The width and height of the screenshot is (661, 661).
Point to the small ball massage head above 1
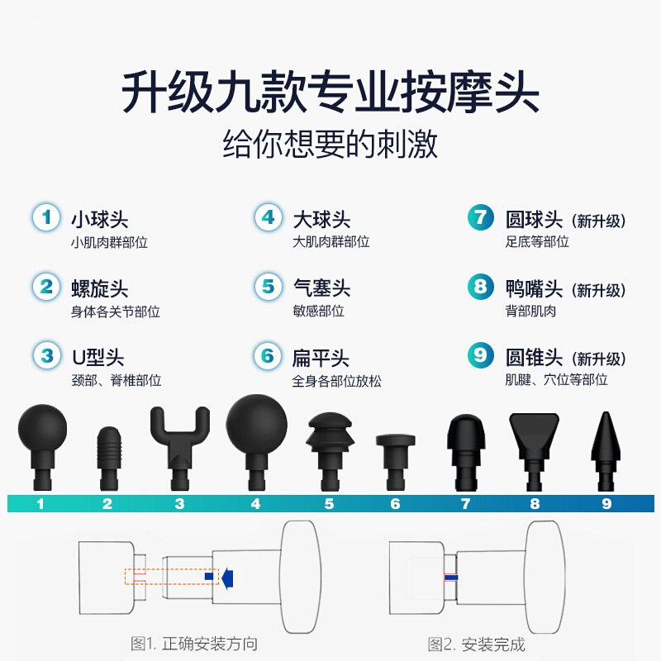pos(42,434)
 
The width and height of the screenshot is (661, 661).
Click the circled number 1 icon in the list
pos(47,218)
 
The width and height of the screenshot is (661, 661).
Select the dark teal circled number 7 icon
pos(480,218)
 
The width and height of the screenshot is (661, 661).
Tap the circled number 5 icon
pos(268,288)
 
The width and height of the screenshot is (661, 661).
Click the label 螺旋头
pos(100,289)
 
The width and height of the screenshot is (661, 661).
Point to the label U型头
pos(97,358)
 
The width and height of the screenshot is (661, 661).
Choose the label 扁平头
pos(321,359)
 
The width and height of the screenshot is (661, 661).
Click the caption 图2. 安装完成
pos(476,644)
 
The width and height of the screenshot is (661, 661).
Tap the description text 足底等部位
pos(537,242)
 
